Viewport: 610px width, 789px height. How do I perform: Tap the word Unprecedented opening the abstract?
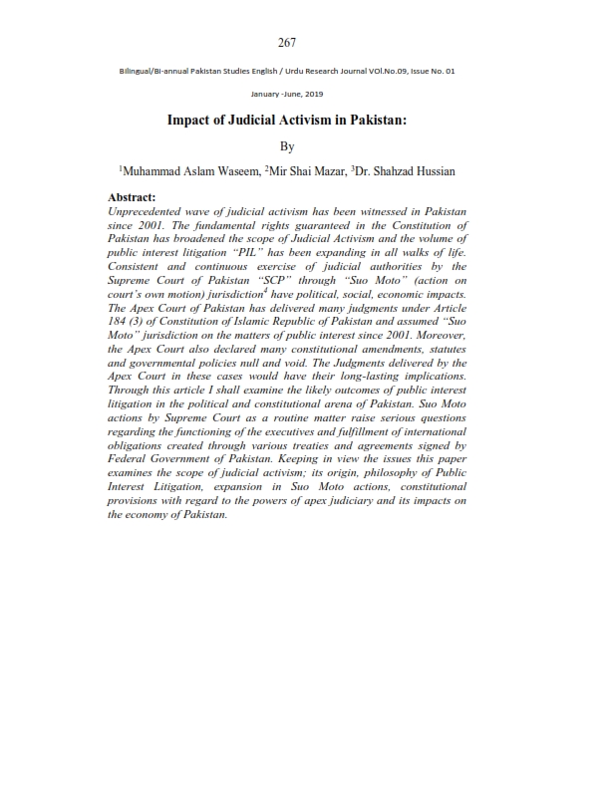click(151, 212)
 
